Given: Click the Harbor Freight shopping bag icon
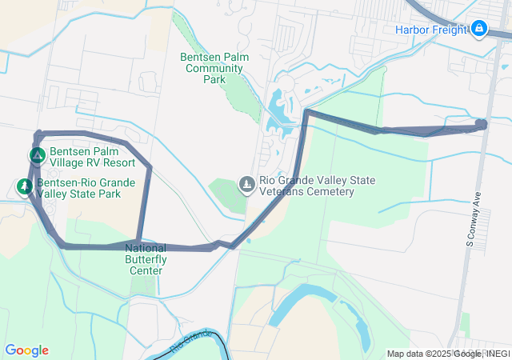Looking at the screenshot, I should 479,30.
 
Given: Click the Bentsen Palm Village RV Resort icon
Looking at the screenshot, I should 37,155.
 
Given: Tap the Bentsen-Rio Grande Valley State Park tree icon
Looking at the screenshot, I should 25,188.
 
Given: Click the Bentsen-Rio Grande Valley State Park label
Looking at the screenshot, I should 85,188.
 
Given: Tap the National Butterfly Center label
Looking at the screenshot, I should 146,259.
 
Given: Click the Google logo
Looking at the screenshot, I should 26,350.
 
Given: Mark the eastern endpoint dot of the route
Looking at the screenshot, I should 481,124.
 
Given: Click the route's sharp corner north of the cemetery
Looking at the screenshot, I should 307,113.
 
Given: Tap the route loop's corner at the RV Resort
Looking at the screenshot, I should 38,134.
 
